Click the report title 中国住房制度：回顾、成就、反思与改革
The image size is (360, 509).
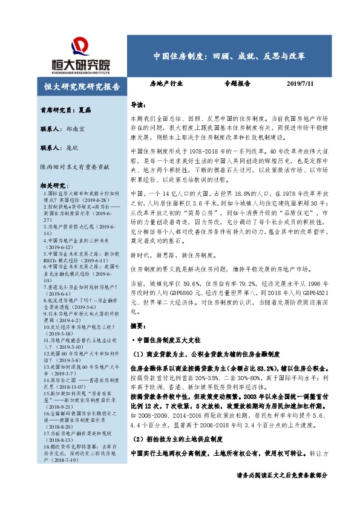(x=229, y=56)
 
